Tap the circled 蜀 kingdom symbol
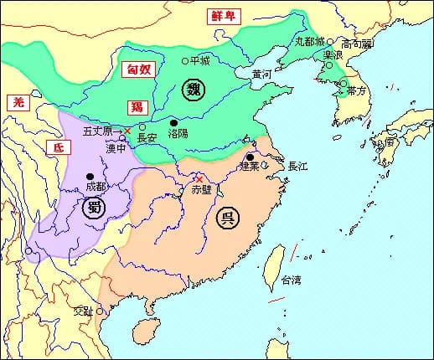point(93,208)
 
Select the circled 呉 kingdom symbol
point(225,219)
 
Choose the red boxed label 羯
point(136,106)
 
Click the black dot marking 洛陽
point(174,122)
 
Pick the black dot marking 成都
point(90,176)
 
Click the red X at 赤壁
point(199,178)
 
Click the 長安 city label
point(147,138)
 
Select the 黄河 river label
point(261,74)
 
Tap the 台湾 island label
point(291,280)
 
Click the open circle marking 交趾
point(100,311)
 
